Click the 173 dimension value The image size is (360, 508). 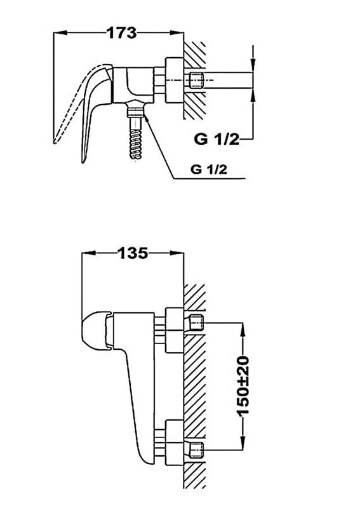[122, 33]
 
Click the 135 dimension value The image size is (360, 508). [133, 253]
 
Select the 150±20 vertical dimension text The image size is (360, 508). [243, 386]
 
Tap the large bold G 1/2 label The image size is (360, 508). [217, 139]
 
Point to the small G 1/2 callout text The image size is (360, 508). [209, 170]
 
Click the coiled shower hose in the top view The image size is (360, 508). [136, 138]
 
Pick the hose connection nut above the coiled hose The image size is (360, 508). [136, 109]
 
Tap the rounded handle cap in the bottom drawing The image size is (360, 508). [96, 331]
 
